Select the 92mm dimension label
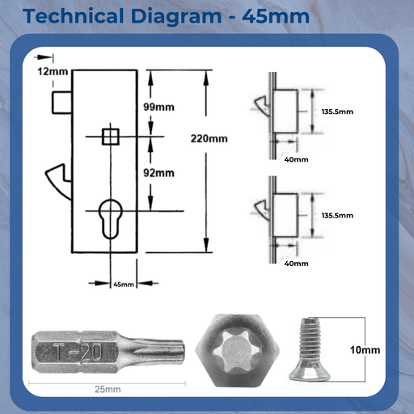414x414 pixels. coord(158,172)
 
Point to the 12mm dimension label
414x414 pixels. coord(53,72)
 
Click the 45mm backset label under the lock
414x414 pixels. coord(123,284)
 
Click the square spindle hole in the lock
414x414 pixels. coord(110,137)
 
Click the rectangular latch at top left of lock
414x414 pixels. coord(61,103)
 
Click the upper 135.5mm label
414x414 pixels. coord(337,112)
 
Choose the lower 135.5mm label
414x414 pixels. coord(337,216)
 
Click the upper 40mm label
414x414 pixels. coord(297,159)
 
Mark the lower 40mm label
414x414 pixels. coord(297,263)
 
